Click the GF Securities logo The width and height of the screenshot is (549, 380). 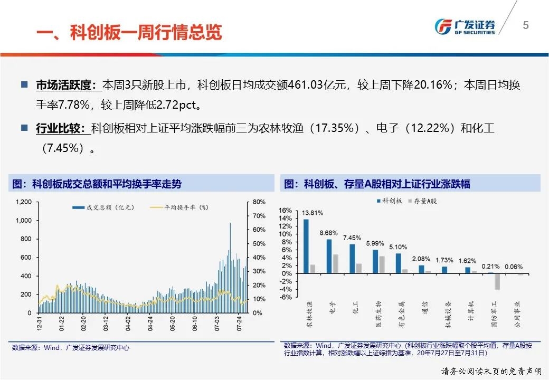465,26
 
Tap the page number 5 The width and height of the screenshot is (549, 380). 525,25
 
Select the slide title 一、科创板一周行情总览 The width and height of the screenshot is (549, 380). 129,32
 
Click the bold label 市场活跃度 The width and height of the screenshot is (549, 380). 65,85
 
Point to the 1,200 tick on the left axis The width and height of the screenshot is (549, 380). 24,202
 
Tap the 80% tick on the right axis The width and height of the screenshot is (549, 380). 259,202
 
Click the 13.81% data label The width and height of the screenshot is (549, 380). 313,213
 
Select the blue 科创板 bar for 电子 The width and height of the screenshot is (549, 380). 329,256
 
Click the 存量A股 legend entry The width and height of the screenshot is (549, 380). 422,201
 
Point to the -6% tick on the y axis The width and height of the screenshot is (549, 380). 286,297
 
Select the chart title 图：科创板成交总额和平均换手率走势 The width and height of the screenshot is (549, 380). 97,184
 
